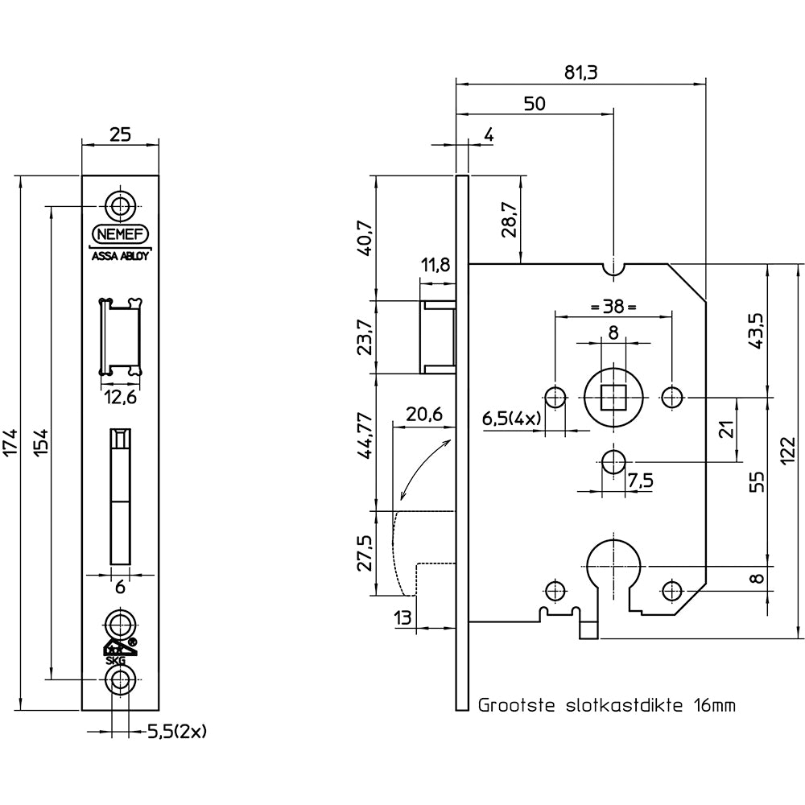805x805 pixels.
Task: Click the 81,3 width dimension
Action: (580, 72)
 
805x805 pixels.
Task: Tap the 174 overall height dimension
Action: (11, 444)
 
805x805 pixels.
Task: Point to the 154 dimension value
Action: (43, 444)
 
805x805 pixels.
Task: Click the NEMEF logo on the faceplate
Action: (121, 233)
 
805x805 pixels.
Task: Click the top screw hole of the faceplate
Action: (121, 206)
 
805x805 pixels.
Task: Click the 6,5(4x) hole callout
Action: (510, 419)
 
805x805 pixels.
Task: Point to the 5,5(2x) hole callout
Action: (178, 732)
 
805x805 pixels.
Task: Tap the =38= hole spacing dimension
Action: (613, 307)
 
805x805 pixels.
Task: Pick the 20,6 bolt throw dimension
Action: (424, 415)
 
